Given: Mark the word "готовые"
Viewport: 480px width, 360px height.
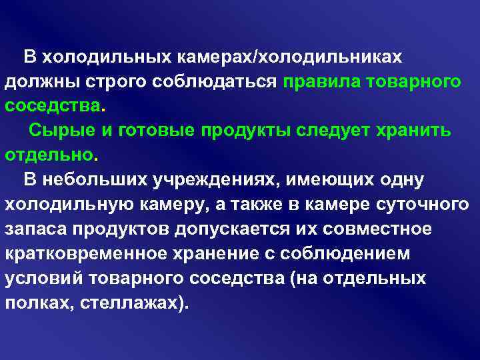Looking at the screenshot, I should [x=155, y=131].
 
